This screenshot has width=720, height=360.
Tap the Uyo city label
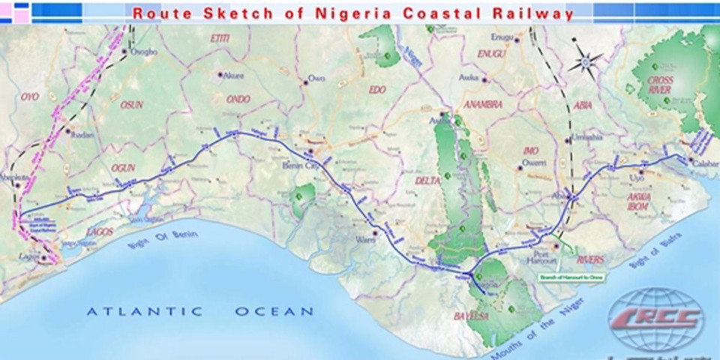tap(637, 178)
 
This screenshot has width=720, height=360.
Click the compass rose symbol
tap(585, 61)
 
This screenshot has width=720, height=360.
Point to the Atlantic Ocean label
tap(199, 310)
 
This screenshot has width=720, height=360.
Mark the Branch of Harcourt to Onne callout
tap(571, 277)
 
